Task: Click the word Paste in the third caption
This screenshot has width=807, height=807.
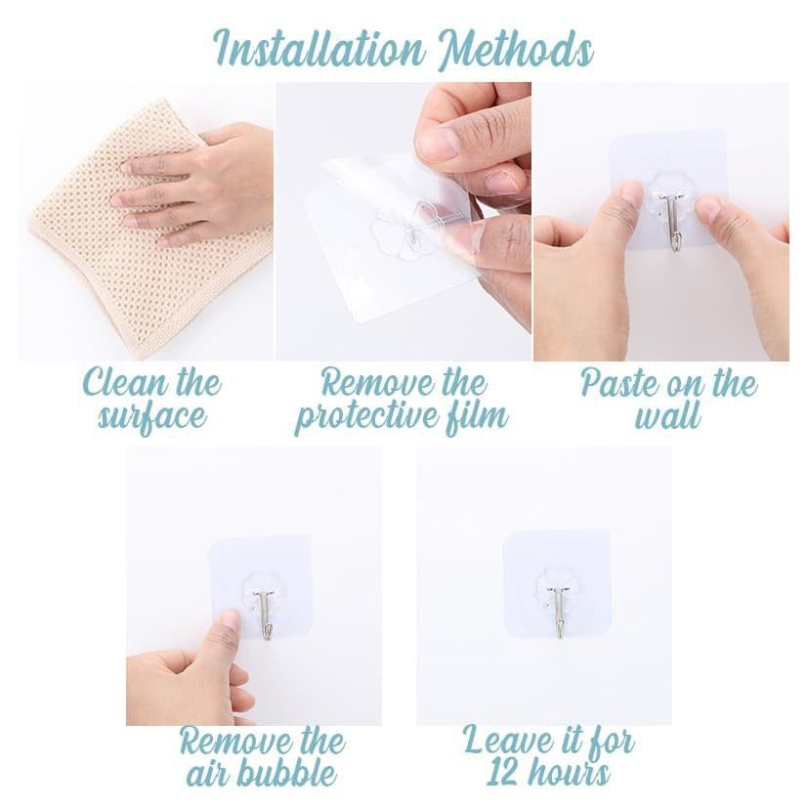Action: point(618,383)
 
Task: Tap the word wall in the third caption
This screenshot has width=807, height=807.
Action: point(668,417)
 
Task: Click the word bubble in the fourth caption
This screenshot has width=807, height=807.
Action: point(289,774)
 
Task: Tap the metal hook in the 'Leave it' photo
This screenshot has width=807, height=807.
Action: point(558,610)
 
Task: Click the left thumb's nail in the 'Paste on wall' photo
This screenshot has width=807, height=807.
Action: point(631,195)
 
